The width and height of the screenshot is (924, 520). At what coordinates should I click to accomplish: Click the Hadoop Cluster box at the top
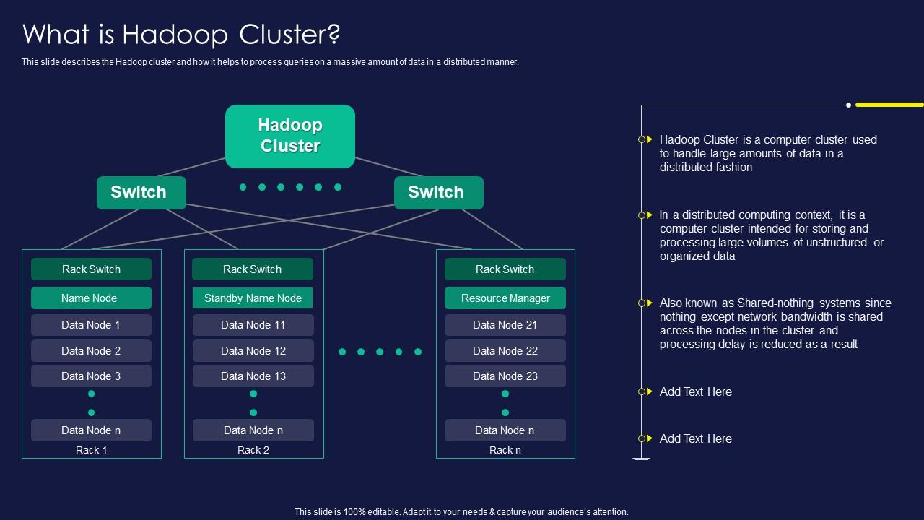pyautogui.click(x=290, y=136)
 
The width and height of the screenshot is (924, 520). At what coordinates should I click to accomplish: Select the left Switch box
pyautogui.click(x=141, y=192)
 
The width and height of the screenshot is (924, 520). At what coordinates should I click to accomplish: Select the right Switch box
pyautogui.click(x=438, y=192)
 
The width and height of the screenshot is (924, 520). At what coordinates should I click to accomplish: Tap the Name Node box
pyautogui.click(x=91, y=298)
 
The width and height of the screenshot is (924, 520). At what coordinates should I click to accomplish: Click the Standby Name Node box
pyautogui.click(x=253, y=298)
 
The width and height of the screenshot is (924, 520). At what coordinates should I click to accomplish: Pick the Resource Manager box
pyautogui.click(x=505, y=298)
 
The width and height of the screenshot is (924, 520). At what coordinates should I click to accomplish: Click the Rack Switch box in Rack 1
pyautogui.click(x=91, y=269)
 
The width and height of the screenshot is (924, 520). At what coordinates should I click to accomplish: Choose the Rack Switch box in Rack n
pyautogui.click(x=505, y=269)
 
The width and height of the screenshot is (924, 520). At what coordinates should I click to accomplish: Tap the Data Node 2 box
pyautogui.click(x=91, y=351)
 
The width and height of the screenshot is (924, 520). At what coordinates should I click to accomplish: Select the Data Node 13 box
pyautogui.click(x=253, y=376)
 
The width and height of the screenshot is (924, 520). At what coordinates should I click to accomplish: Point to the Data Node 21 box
pyautogui.click(x=505, y=325)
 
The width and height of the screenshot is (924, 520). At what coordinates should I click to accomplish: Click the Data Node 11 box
pyautogui.click(x=253, y=325)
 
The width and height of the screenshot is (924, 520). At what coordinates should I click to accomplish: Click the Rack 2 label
pyautogui.click(x=253, y=450)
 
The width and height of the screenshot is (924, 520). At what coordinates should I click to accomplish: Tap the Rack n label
pyautogui.click(x=505, y=450)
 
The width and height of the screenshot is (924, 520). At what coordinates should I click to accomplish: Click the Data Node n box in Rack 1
pyautogui.click(x=91, y=430)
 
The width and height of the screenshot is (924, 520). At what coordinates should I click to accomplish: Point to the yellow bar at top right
pyautogui.click(x=889, y=105)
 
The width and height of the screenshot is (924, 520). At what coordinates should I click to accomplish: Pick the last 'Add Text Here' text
pyautogui.click(x=695, y=438)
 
